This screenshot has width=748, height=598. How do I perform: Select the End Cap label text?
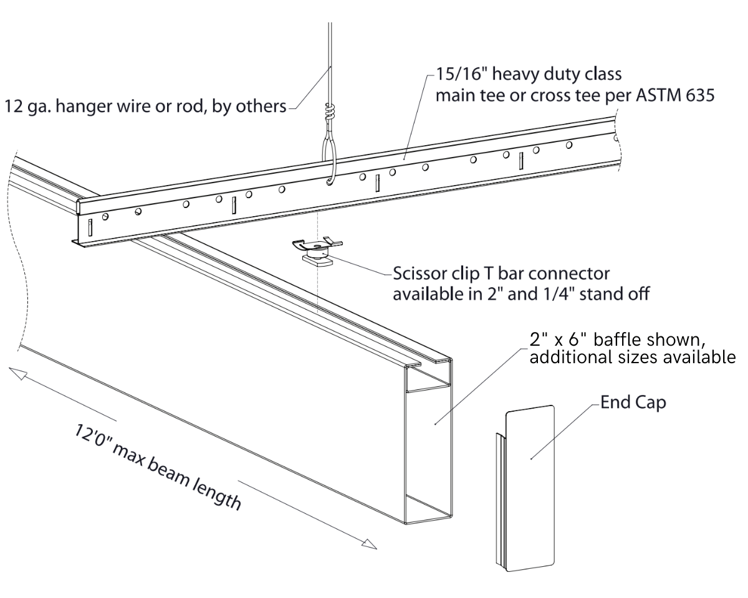633,402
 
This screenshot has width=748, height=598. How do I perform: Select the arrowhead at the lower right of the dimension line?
369,544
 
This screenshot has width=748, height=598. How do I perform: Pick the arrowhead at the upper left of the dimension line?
17,373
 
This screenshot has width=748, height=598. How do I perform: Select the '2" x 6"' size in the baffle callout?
559,340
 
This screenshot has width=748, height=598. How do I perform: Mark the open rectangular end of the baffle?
428,448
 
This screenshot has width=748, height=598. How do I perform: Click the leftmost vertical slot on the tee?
90,227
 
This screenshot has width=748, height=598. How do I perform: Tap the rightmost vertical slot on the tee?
520,160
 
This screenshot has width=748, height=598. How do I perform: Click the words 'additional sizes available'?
632,358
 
